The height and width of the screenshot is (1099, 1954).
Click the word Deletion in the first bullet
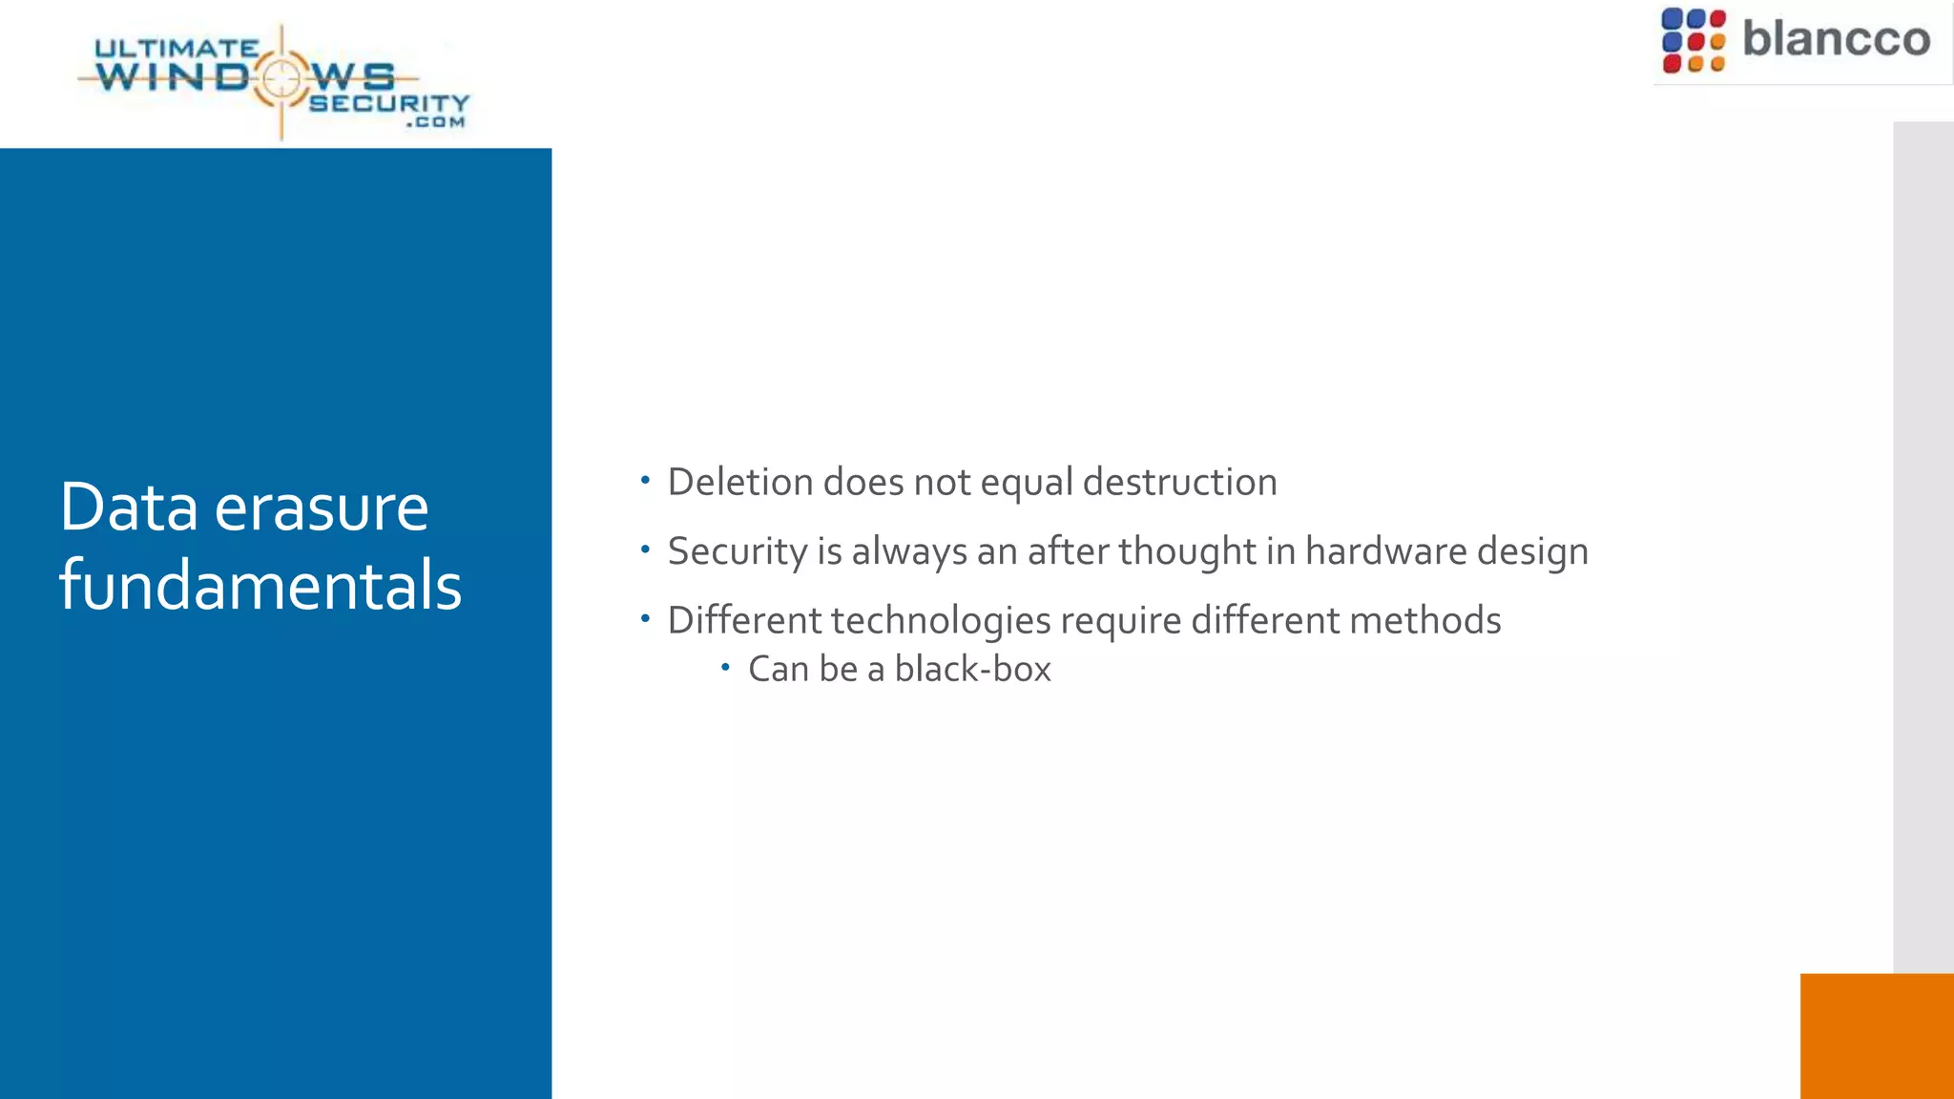point(739,482)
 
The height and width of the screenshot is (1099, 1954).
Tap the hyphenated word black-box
point(972,669)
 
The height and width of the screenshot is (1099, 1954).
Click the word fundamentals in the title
point(260,585)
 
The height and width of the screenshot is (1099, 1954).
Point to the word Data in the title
point(129,508)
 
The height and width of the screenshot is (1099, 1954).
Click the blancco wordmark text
point(1836,39)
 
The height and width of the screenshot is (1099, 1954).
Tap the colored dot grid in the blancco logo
point(1693,40)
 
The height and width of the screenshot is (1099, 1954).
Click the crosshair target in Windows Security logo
point(281,78)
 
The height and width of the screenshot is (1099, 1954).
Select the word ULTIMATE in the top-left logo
point(177,48)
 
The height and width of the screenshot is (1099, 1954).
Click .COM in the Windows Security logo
point(435,122)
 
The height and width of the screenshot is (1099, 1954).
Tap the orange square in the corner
point(1876,1036)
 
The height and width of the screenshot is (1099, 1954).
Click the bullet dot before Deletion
point(646,480)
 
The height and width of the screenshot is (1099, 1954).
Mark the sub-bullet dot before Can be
point(725,667)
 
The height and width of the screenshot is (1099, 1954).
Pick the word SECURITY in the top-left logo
point(389,102)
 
